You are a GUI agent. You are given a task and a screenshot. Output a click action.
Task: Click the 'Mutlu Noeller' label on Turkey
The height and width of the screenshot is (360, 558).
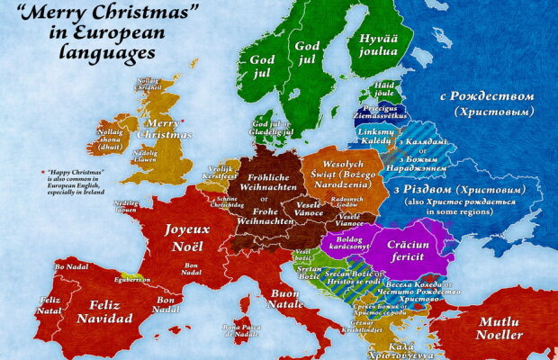click(499, 328)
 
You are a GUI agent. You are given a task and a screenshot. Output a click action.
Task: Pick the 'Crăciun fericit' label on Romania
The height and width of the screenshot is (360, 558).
click(410, 249)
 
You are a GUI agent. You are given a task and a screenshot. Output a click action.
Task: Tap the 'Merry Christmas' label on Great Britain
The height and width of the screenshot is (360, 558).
click(164, 128)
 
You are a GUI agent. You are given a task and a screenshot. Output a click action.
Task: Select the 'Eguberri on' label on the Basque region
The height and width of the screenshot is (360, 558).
click(131, 279)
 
